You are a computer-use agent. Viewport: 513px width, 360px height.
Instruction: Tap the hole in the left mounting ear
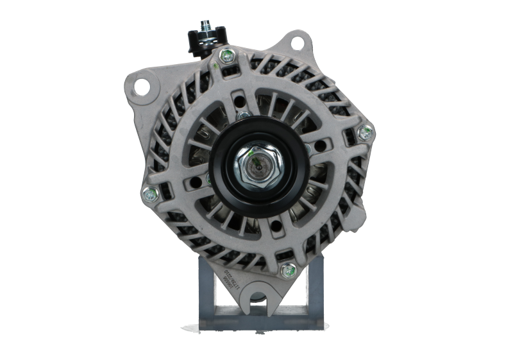[145, 85]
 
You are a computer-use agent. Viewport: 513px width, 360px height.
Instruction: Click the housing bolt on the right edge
[366, 133]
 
